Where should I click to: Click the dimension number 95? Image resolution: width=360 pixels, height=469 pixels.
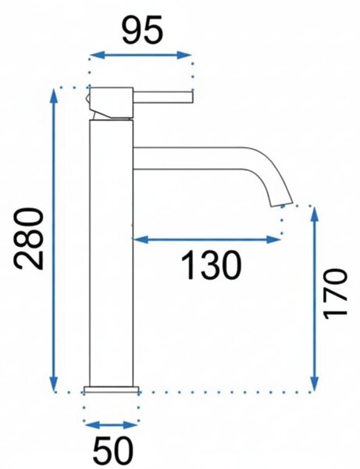click(x=143, y=30)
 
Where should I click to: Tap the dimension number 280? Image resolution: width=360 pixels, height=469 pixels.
click(x=28, y=238)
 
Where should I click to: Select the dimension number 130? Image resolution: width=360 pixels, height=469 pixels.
click(x=211, y=265)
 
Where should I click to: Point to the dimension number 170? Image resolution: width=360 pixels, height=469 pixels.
click(x=335, y=293)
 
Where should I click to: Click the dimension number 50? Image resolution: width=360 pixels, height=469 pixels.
click(x=112, y=451)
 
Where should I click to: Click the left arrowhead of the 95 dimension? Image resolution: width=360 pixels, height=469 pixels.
click(x=98, y=55)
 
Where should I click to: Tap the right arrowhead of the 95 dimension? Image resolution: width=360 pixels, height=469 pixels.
click(x=184, y=55)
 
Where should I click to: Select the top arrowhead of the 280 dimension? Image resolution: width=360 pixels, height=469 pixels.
click(x=54, y=95)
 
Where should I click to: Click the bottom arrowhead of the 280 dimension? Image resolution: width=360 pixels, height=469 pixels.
click(x=54, y=384)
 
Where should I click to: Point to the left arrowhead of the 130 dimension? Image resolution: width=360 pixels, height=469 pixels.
click(x=141, y=239)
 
